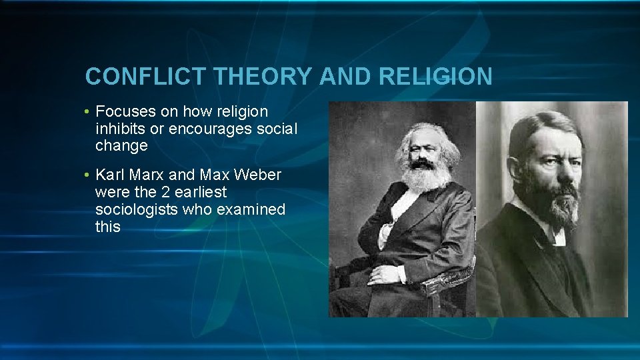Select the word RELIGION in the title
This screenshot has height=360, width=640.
(x=435, y=77)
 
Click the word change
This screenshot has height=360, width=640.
(x=121, y=145)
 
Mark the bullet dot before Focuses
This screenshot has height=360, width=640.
(x=88, y=112)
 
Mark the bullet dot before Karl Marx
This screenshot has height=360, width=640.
(x=88, y=176)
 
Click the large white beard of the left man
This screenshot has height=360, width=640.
(x=425, y=177)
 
